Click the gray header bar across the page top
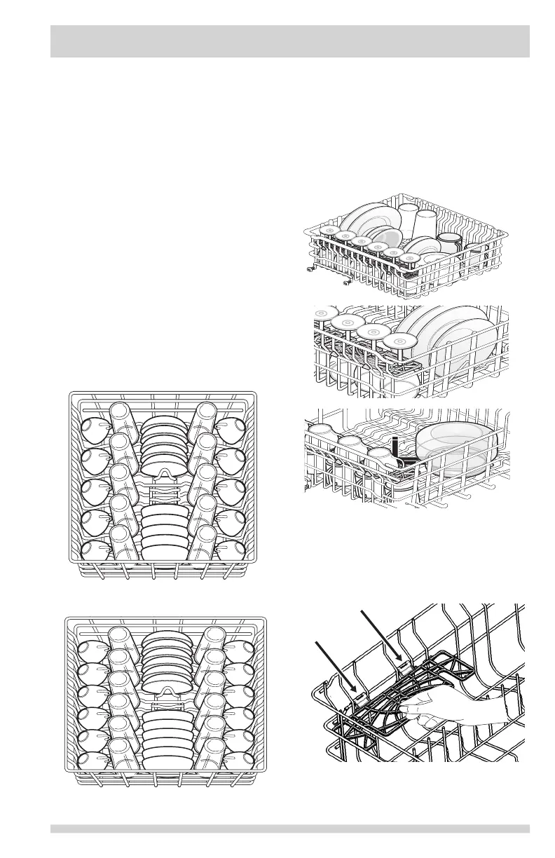pos(289,41)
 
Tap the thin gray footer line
pos(289,829)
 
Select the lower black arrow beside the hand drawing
pos(334,667)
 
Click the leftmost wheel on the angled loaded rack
pos(311,268)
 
